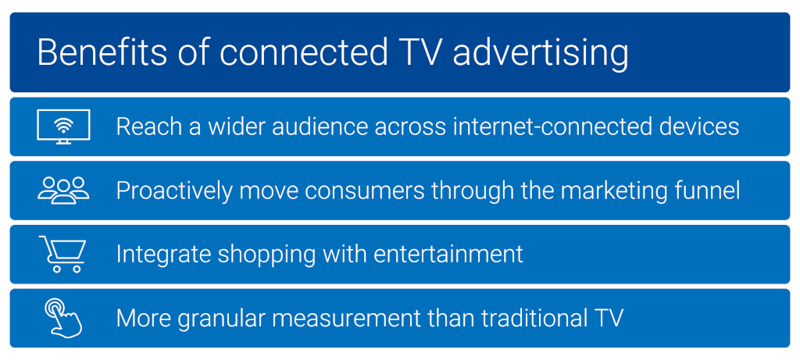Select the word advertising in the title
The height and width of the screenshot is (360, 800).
541,53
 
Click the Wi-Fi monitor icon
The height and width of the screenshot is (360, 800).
63,127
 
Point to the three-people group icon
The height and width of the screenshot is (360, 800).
63,190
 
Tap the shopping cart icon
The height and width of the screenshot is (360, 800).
62,254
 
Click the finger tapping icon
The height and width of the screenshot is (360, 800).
62,317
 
